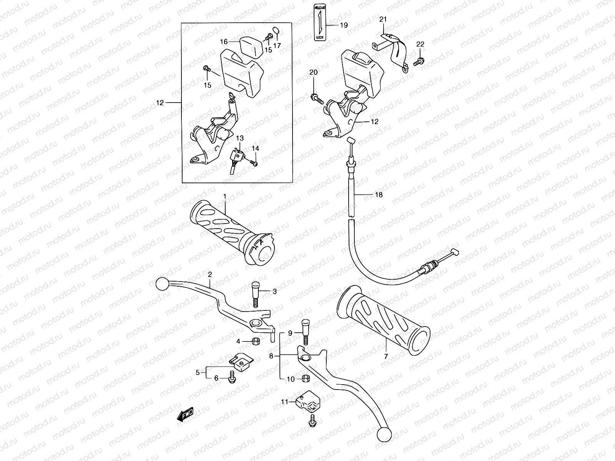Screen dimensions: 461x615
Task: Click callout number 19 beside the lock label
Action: click(x=344, y=25)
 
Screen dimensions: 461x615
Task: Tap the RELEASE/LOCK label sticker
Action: click(x=320, y=23)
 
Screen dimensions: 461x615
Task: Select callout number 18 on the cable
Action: click(x=379, y=195)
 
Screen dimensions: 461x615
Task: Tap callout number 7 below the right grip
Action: click(x=386, y=356)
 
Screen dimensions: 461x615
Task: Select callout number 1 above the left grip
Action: click(x=225, y=196)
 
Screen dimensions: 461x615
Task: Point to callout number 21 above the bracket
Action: click(x=383, y=19)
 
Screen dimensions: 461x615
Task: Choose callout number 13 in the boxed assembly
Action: click(x=239, y=138)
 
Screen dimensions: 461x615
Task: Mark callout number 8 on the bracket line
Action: click(x=271, y=356)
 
